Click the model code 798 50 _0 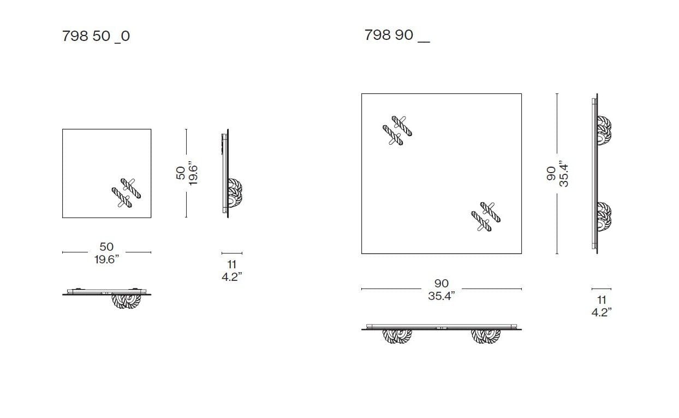click(96, 36)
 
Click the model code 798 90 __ click(397, 35)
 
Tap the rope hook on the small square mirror click(126, 193)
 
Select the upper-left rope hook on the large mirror click(397, 131)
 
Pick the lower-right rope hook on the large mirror click(486, 217)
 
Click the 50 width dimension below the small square click(106, 246)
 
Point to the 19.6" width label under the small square click(106, 260)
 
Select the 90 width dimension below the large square click(442, 283)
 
